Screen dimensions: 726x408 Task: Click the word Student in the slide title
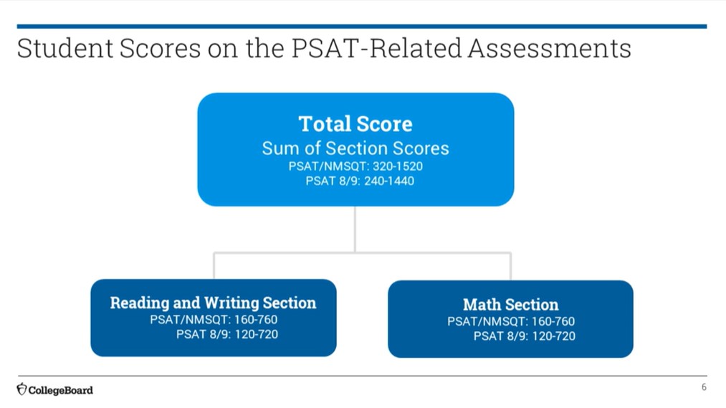point(65,48)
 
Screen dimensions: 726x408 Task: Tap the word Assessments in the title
point(549,48)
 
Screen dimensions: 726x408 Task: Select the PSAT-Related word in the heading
point(376,48)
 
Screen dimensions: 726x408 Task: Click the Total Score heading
point(355,123)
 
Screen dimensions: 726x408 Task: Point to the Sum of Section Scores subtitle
point(355,148)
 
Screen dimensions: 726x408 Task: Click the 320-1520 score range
point(398,166)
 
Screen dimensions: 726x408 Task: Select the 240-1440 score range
point(389,181)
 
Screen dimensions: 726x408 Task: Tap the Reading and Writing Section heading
point(213,303)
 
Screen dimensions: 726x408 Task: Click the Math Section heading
point(511,305)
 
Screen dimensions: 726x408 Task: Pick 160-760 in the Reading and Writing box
point(256,320)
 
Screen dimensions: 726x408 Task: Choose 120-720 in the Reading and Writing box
point(257,334)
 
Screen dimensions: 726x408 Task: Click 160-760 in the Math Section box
point(553,321)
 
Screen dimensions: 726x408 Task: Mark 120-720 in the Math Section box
point(554,336)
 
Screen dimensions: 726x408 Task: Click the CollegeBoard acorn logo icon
point(22,389)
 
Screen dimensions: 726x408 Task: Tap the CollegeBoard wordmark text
point(61,390)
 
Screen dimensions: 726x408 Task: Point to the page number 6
point(704,387)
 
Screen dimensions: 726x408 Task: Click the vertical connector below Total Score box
point(355,229)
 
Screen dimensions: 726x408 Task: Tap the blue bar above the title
point(362,27)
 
